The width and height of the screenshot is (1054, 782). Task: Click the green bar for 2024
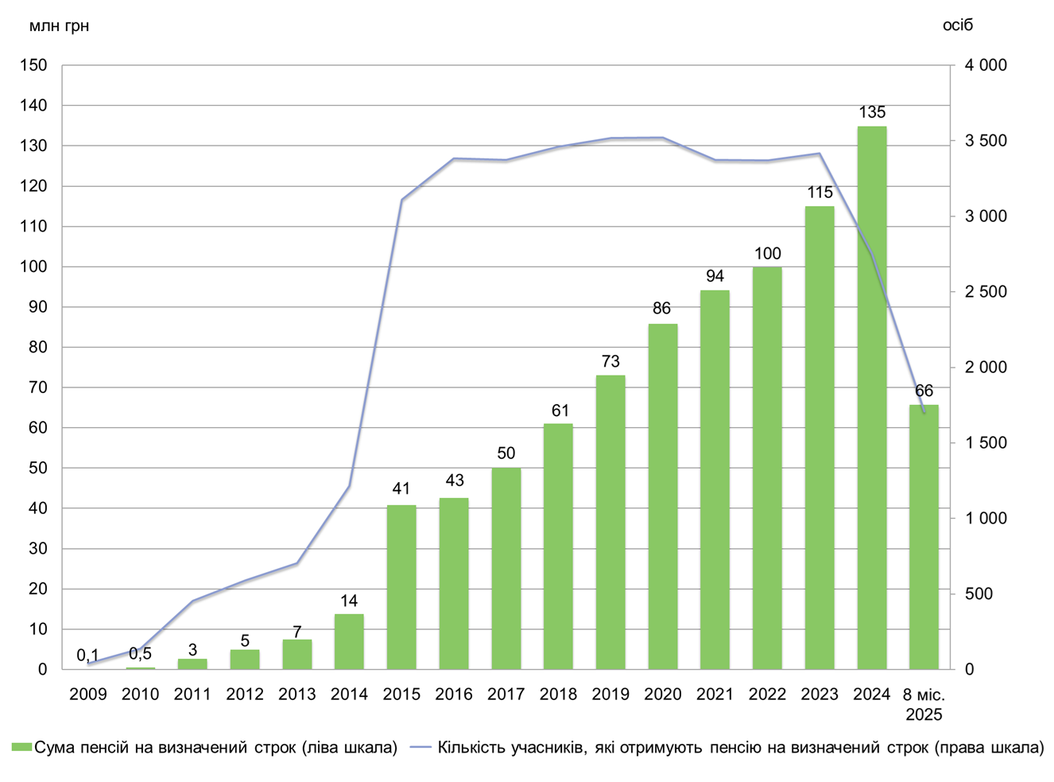(x=872, y=398)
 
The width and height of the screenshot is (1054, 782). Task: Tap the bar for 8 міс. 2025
(x=924, y=537)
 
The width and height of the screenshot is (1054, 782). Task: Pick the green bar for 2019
(x=610, y=522)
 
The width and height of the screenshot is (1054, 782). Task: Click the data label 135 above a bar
(x=872, y=112)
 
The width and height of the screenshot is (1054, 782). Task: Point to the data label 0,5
(x=140, y=654)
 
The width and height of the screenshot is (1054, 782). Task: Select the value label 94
(x=715, y=276)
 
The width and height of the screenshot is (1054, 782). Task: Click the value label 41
(x=401, y=489)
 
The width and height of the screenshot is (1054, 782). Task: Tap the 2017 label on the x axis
(x=506, y=694)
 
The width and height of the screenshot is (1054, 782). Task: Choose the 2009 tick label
(x=87, y=694)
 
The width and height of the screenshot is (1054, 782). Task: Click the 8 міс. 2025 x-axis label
(x=924, y=704)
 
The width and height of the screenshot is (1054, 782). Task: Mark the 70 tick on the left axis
(x=37, y=387)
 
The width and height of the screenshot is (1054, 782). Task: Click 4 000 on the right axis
(x=986, y=65)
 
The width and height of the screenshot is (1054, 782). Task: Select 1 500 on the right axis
(x=986, y=443)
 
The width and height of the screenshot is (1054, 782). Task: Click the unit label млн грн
(x=59, y=26)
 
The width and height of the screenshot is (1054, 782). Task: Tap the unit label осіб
(x=958, y=25)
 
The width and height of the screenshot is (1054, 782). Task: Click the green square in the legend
(x=21, y=748)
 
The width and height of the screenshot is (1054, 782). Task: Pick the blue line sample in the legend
(x=420, y=748)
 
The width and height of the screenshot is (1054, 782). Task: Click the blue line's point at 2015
(x=401, y=200)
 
